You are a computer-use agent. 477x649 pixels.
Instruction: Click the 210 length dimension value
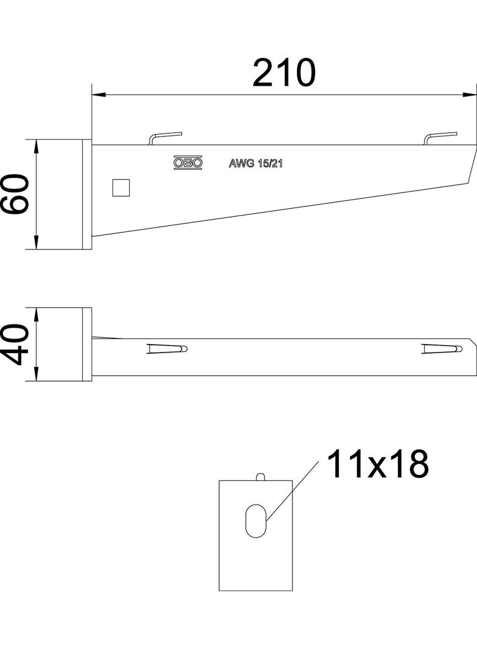click(x=284, y=74)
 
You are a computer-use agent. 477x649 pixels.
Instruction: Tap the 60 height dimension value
click(x=15, y=194)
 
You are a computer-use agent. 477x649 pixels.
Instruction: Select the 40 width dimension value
click(x=15, y=345)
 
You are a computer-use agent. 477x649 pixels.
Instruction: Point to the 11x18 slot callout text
click(x=377, y=465)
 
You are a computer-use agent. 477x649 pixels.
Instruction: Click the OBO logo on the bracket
click(x=188, y=163)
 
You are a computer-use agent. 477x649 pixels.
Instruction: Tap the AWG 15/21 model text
click(x=256, y=163)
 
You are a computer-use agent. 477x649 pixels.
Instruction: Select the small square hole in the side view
click(x=121, y=188)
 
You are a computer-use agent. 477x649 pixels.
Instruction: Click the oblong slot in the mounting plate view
click(x=255, y=521)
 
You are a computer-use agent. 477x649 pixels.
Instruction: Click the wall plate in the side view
click(x=86, y=194)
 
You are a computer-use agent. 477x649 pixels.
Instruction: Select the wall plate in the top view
click(x=86, y=345)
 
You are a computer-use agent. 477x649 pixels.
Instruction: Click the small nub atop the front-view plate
click(x=260, y=476)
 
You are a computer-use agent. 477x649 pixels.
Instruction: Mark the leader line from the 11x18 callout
click(x=293, y=491)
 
